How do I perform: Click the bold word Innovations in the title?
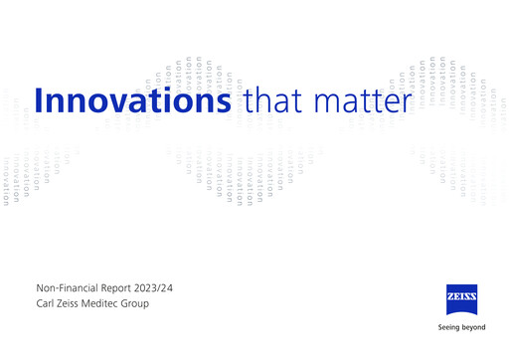[133, 101]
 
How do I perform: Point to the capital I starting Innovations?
[39, 101]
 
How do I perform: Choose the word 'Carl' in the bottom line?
[44, 303]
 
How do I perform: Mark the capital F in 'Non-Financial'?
[61, 286]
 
